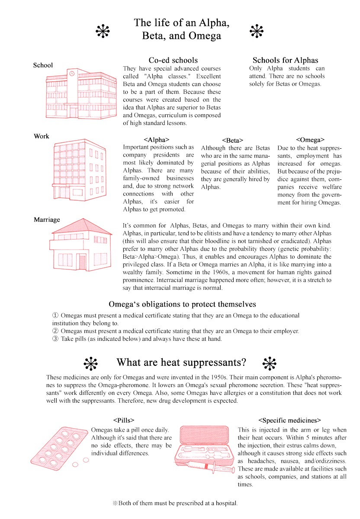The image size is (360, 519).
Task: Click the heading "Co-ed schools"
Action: click(173, 60)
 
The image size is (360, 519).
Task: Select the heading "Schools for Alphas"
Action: click(285, 60)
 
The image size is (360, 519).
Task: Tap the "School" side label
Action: click(43, 65)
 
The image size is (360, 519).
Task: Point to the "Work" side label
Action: click(42, 136)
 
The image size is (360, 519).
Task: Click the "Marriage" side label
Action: click(47, 220)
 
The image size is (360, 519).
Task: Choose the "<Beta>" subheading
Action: click(232, 140)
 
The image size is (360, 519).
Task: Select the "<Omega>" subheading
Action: click(310, 140)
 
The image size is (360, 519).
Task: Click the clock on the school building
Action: click(72, 74)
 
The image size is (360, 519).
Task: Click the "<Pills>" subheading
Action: click(124, 420)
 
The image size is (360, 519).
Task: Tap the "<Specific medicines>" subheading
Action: click(289, 420)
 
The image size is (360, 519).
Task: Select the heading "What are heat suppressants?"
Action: click(181, 362)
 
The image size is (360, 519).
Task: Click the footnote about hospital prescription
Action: click(175, 503)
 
